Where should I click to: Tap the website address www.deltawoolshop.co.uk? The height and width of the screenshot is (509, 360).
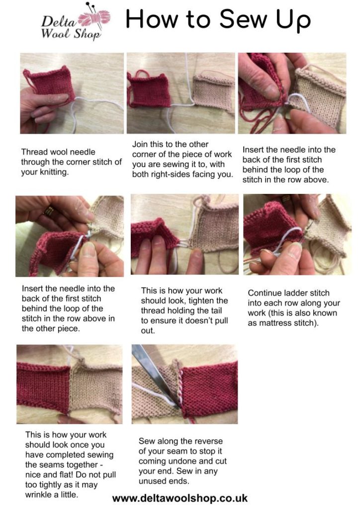tap(180, 498)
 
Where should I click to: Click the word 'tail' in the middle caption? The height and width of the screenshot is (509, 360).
tap(219, 311)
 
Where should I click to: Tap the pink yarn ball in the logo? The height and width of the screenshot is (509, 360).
tap(97, 18)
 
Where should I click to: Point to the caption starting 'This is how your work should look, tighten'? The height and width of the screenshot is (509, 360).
tap(184, 311)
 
